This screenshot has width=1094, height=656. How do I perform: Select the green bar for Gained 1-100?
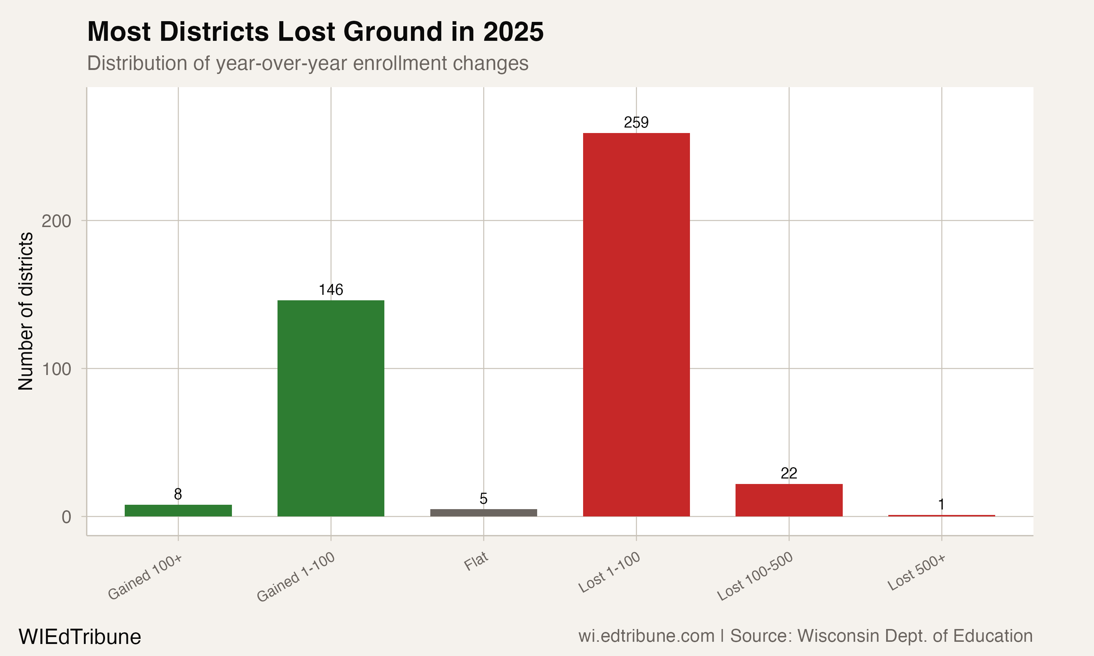[x=331, y=408]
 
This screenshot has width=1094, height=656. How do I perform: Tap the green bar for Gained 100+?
[x=178, y=510]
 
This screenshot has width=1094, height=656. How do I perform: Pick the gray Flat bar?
[x=483, y=512]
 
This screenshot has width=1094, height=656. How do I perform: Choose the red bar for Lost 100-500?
[x=789, y=500]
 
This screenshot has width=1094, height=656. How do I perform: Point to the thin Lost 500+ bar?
[x=942, y=515]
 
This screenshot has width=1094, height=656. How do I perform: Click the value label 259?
[x=636, y=122]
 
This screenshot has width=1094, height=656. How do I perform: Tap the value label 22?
[x=789, y=473]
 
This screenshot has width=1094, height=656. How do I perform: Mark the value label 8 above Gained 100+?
[x=178, y=494]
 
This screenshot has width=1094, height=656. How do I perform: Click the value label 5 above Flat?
[x=483, y=499]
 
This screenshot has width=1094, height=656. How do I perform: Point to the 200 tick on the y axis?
[x=56, y=220]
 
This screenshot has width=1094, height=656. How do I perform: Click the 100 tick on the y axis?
[x=56, y=369]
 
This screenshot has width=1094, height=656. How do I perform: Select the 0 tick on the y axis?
[x=66, y=517]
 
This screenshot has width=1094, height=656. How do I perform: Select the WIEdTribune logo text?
[x=79, y=637]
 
